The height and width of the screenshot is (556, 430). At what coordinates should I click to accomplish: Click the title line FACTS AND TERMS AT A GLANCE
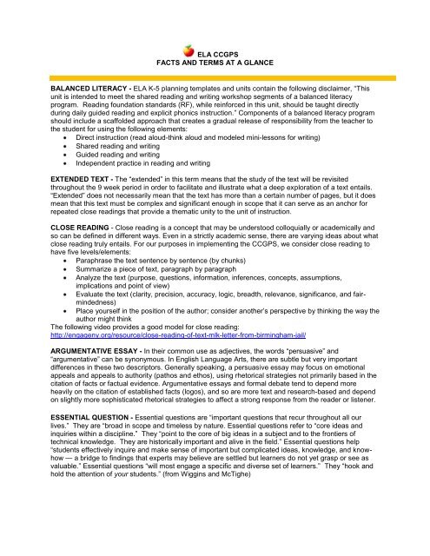tap(216, 63)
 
